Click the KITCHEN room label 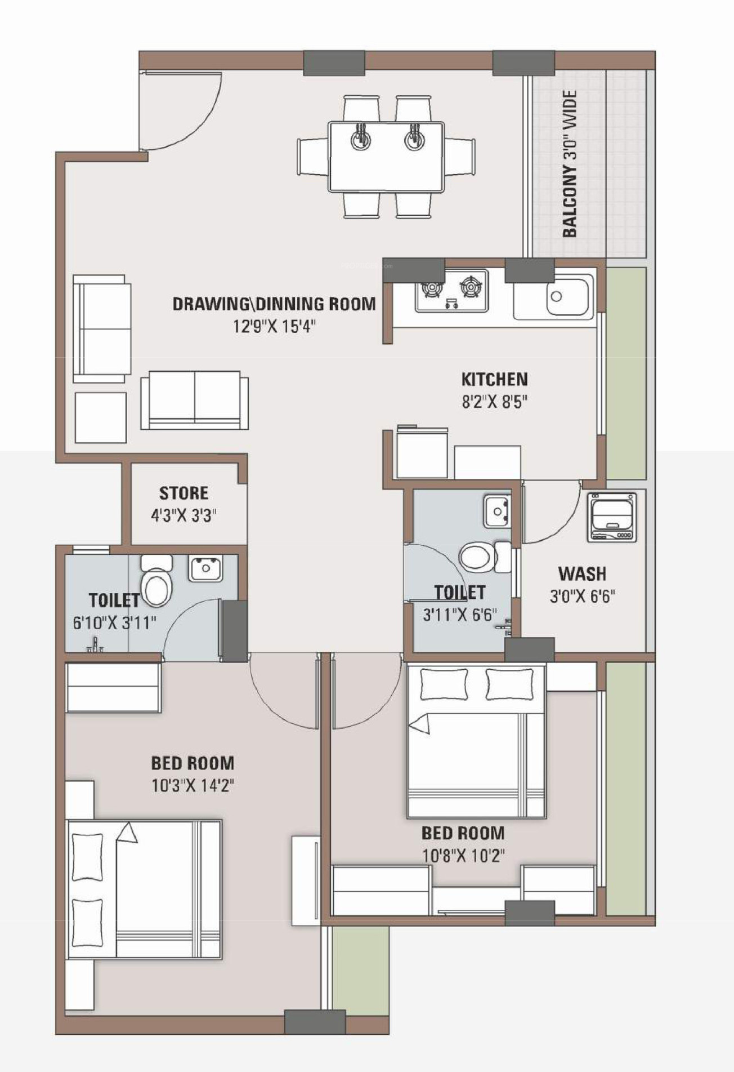pos(494,379)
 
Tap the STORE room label pos(183,493)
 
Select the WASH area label pos(582,574)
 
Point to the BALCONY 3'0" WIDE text pos(570,163)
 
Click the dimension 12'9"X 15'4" pos(275,327)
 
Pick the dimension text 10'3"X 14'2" pos(193,785)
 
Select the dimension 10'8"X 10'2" pos(463,856)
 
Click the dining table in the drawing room pos(386,156)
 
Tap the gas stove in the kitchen pos(451,291)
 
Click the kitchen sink pos(570,297)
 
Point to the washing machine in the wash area pos(612,517)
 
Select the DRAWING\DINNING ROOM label pos(274,304)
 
